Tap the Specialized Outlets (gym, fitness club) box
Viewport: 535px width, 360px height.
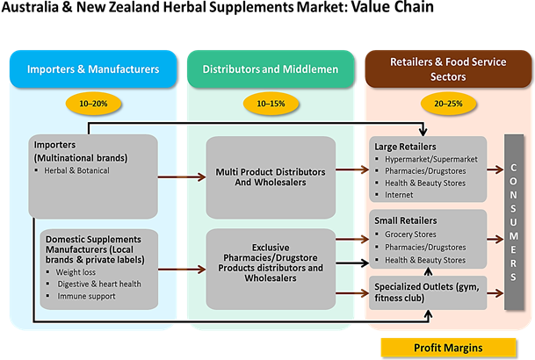[x=427, y=292]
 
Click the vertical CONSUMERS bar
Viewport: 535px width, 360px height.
[x=514, y=221]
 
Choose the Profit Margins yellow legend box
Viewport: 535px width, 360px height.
[x=445, y=347]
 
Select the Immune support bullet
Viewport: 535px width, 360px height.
[x=84, y=295]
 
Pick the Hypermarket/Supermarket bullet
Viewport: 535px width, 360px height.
[x=430, y=158]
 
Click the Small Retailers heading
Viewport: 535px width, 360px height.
[x=404, y=221]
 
